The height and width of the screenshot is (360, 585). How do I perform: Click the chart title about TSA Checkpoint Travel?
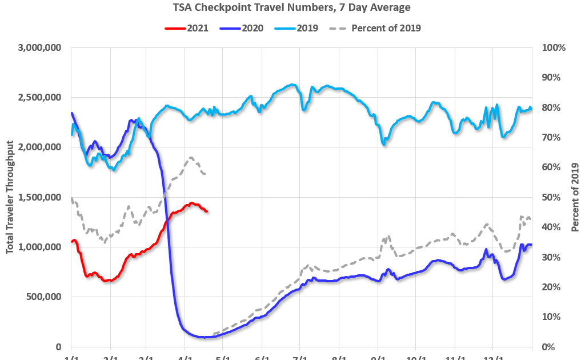click(x=292, y=7)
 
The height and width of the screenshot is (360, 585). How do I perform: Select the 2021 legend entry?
click(x=186, y=27)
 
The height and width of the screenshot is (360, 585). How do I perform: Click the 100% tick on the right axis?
click(x=553, y=48)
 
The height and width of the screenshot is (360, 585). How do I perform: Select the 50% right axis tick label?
click(x=551, y=197)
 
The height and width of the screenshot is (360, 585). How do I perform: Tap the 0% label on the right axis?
click(x=548, y=347)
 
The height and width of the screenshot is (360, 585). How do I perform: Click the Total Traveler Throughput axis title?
click(x=10, y=198)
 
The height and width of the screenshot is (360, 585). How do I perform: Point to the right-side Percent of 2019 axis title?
click(x=575, y=197)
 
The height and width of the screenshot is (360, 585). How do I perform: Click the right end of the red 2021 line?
click(x=206, y=211)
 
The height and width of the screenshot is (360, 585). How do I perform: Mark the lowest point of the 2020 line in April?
click(x=203, y=337)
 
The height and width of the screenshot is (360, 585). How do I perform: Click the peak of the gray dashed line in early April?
click(x=191, y=158)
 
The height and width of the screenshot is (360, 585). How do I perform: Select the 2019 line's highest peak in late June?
click(x=292, y=85)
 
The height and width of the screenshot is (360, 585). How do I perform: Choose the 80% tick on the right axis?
click(x=551, y=107)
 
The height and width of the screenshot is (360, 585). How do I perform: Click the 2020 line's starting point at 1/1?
click(x=71, y=113)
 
